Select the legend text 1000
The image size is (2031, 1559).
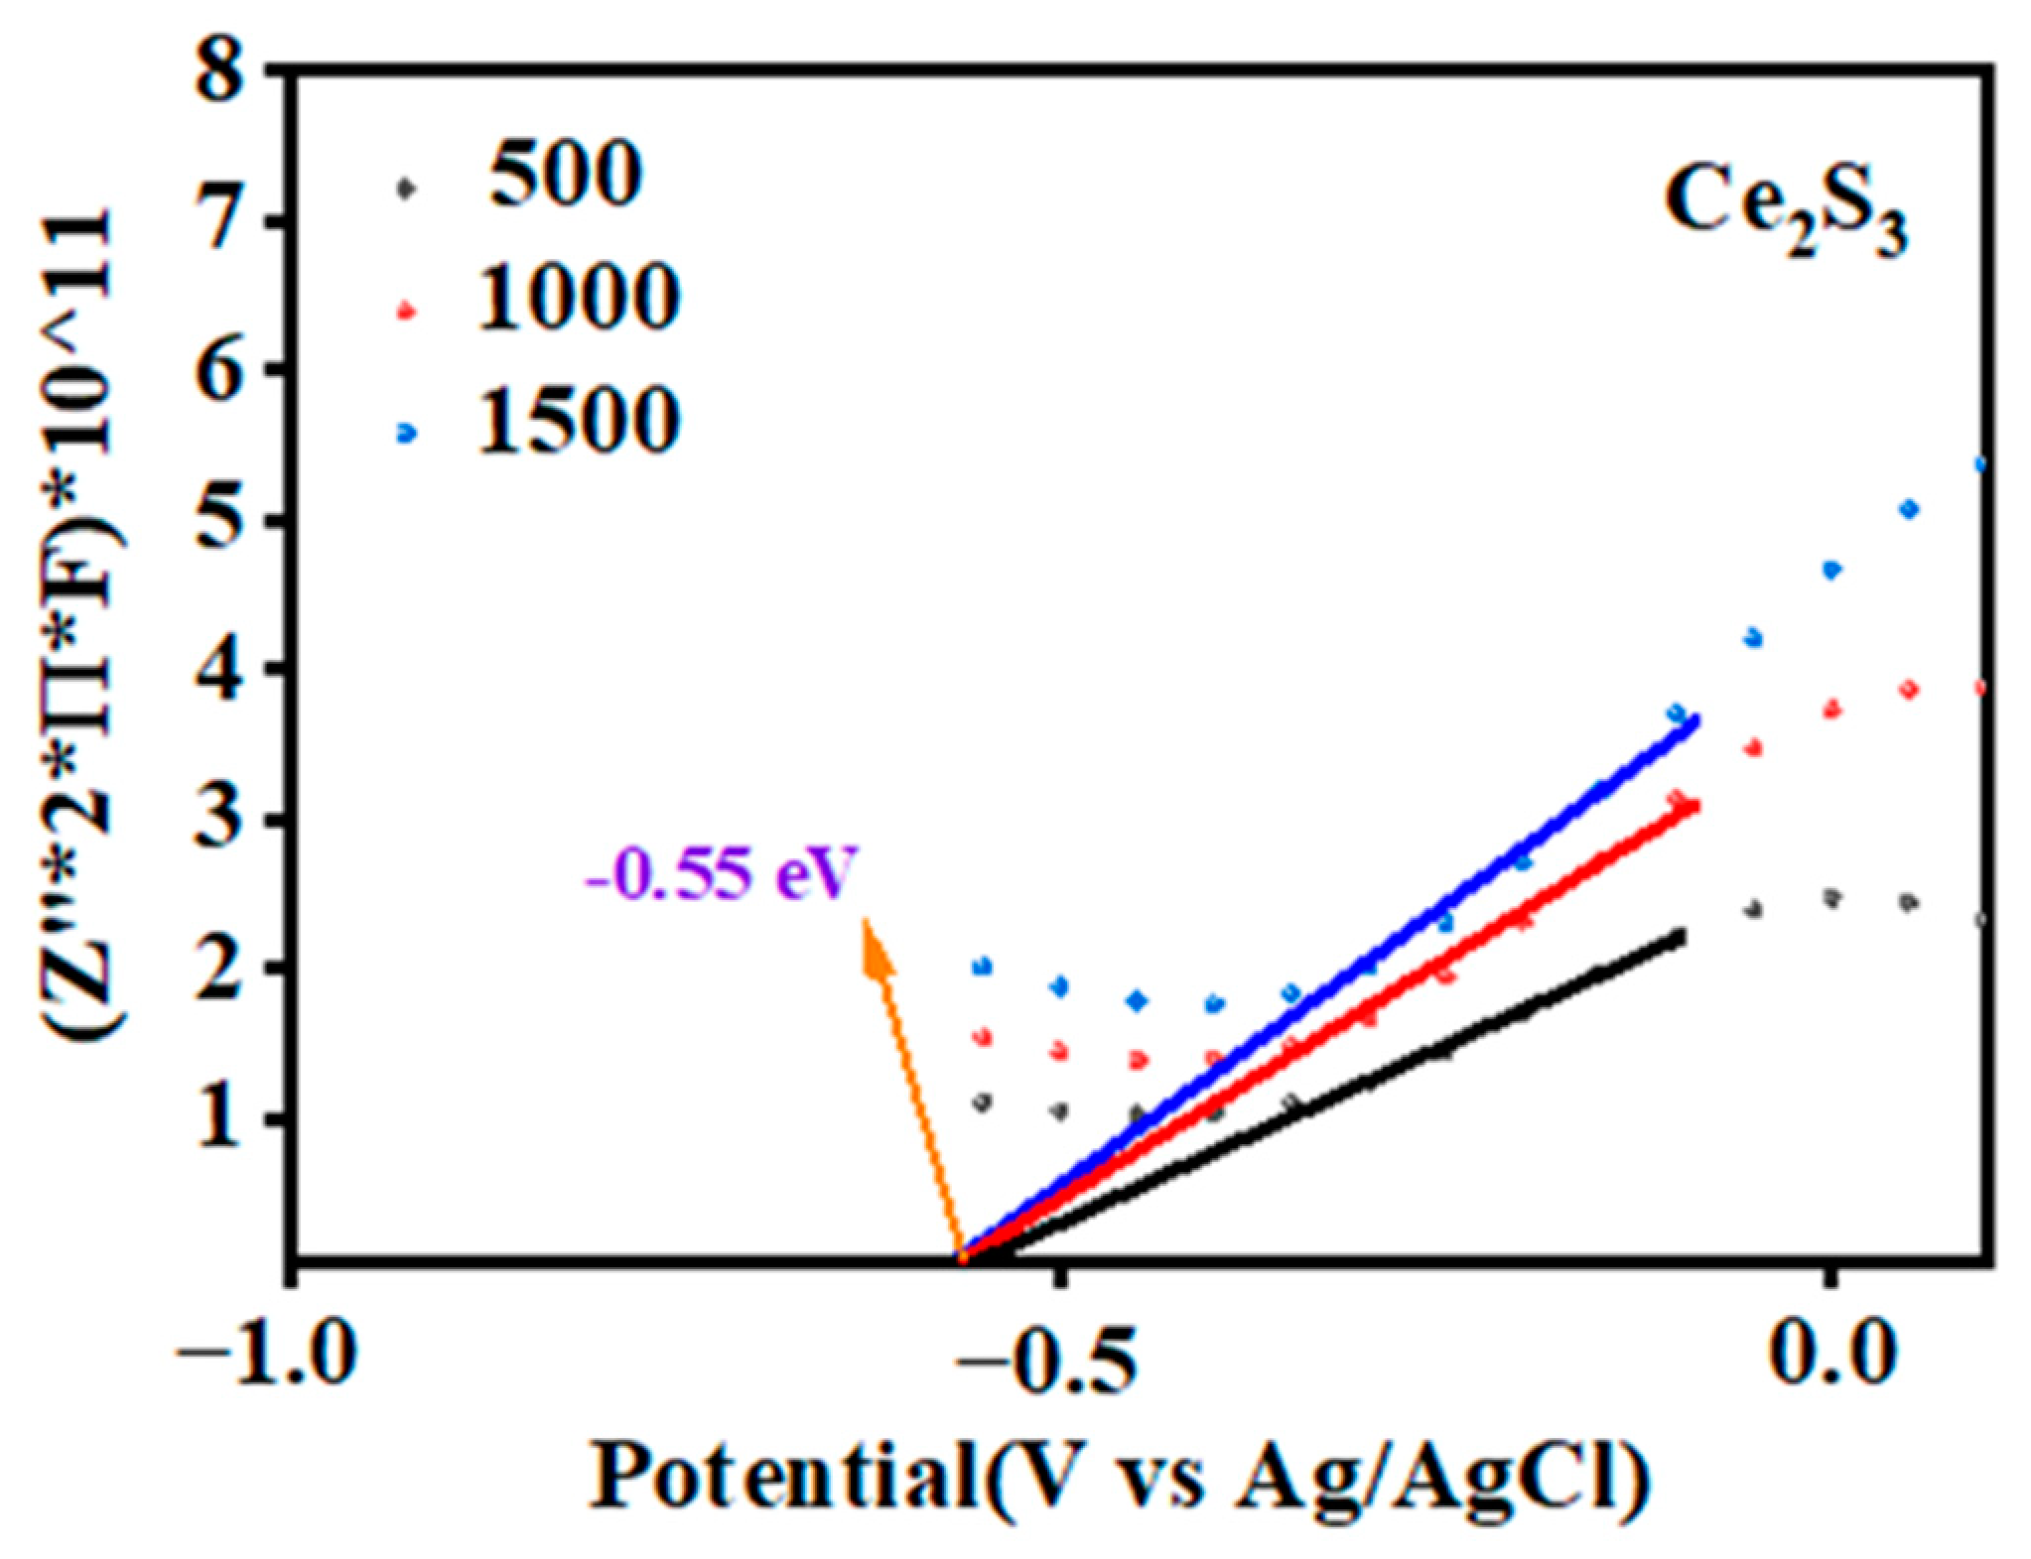(x=579, y=297)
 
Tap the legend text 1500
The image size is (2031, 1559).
(x=579, y=421)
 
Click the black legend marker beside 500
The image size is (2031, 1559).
(x=404, y=186)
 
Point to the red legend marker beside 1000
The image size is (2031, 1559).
(x=405, y=311)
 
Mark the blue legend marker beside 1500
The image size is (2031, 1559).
(x=405, y=433)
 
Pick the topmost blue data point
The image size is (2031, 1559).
(x=1981, y=464)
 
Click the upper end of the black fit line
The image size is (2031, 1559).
(x=1680, y=935)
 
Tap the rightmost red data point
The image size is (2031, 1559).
(x=1981, y=688)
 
